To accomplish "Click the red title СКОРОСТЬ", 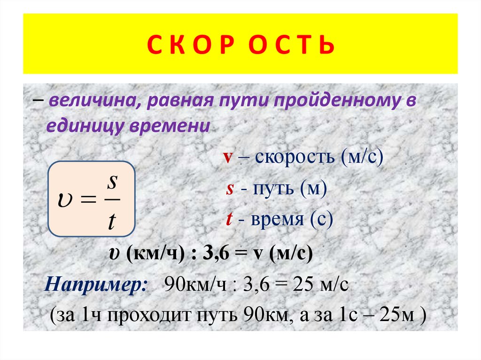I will click(240, 46).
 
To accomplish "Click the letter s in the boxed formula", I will click(111, 182).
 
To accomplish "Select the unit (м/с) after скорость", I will click(363, 157).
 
